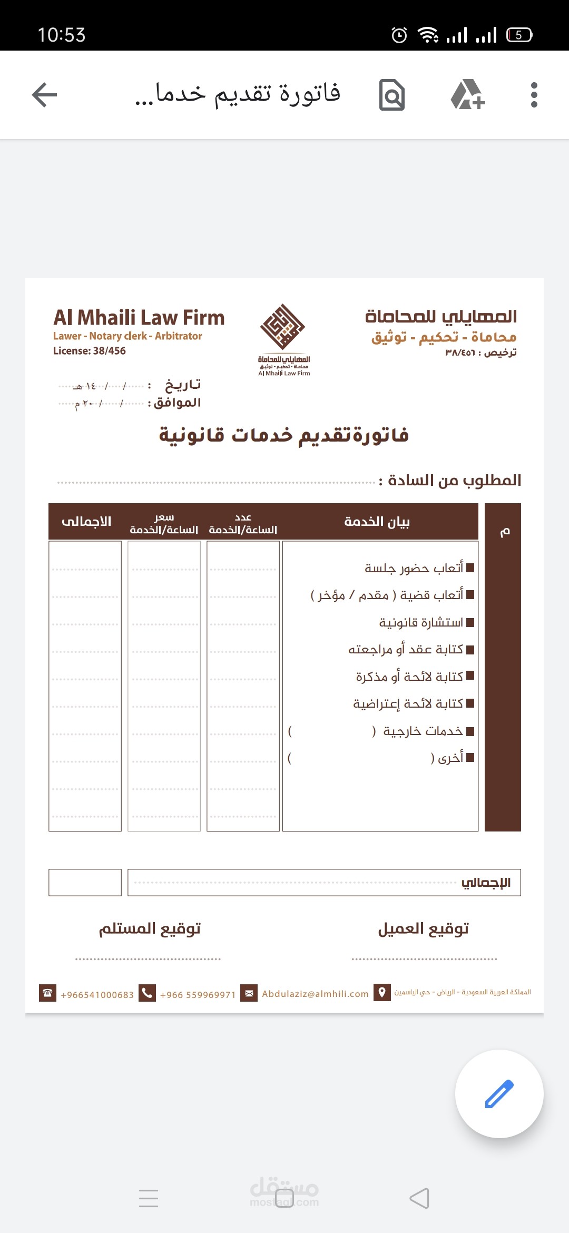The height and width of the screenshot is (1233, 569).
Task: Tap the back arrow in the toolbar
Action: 45,95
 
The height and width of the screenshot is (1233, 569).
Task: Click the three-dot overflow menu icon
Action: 534,95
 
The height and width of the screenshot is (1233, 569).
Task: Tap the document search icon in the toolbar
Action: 392,95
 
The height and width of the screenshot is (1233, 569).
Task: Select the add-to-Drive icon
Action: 467,95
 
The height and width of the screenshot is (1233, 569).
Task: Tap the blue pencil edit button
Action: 499,1093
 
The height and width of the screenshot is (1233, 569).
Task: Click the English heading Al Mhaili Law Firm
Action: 139,318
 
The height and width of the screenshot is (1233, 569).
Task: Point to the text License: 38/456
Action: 90,351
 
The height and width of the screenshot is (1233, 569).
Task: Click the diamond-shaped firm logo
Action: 283,327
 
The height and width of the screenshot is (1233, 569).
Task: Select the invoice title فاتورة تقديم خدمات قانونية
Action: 284,435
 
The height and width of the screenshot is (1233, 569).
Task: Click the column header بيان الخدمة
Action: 377,522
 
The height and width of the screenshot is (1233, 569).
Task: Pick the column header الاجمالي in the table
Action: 86,522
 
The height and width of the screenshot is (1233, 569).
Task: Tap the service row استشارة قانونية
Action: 421,623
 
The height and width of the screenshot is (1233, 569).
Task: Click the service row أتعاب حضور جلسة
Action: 414,568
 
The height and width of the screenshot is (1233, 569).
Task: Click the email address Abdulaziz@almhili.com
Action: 315,994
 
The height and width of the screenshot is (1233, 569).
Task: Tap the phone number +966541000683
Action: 97,995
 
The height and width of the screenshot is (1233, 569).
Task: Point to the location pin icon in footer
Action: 382,992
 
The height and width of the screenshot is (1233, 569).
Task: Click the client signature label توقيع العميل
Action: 423,928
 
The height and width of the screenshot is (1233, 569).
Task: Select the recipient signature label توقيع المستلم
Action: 150,928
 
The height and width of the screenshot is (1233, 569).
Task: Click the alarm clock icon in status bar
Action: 399,35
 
